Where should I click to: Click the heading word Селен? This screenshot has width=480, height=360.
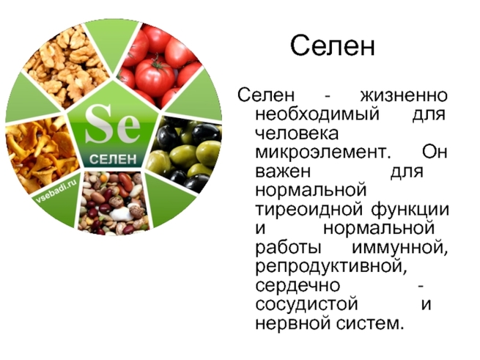(333, 45)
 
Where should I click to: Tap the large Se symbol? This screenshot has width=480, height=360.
(112, 124)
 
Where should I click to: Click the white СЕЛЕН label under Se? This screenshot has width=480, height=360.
(113, 159)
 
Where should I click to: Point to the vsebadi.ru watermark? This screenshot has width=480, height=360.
(56, 191)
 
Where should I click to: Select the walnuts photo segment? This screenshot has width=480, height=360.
(66, 66)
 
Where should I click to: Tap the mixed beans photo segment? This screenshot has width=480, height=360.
(114, 202)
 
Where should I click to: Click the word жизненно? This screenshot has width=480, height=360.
(404, 95)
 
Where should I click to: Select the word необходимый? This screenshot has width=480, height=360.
(317, 114)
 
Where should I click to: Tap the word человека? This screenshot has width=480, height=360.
(297, 133)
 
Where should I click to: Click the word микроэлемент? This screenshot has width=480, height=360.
(323, 153)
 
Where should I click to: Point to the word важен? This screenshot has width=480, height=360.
(283, 172)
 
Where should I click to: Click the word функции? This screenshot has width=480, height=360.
(410, 210)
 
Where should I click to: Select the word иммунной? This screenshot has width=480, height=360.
(400, 248)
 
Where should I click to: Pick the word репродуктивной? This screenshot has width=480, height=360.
(331, 268)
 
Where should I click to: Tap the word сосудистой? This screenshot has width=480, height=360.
(307, 305)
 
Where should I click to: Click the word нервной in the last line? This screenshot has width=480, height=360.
(293, 324)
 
